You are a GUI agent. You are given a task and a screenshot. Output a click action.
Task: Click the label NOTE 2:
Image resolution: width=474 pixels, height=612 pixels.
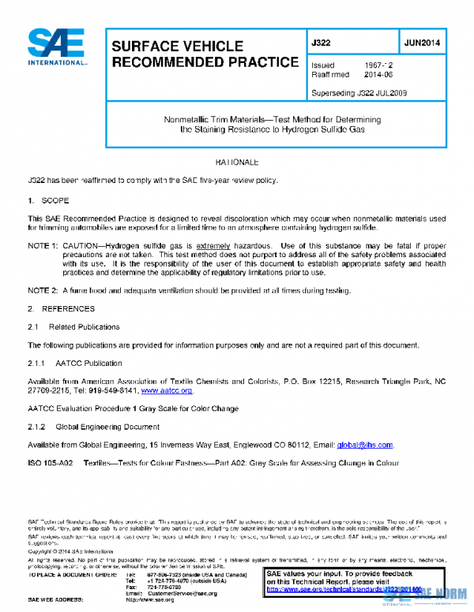tap(43, 290)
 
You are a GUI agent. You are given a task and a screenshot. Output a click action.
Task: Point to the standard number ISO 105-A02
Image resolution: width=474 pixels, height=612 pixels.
tap(51, 464)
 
